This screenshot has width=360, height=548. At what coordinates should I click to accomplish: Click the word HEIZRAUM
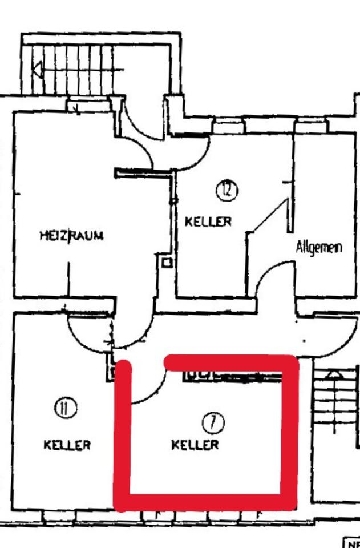[x=71, y=235]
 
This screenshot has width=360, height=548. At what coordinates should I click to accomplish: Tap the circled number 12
[x=226, y=190]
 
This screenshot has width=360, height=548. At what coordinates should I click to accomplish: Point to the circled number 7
[x=213, y=423]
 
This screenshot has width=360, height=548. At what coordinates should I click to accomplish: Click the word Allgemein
[x=319, y=247]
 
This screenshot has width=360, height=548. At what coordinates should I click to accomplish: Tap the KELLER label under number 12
[x=208, y=221]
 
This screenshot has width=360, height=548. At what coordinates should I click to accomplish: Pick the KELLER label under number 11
[x=67, y=445]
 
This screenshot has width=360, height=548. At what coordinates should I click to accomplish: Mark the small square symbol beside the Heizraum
[x=166, y=263]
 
